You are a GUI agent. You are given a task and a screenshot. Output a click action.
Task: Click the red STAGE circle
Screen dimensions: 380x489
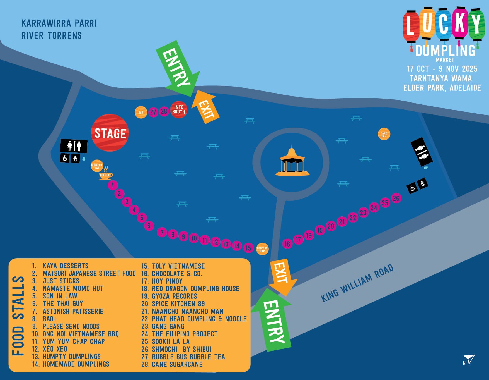pyautogui.click(x=110, y=133)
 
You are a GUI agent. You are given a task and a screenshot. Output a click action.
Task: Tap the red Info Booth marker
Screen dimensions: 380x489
pyautogui.click(x=179, y=109)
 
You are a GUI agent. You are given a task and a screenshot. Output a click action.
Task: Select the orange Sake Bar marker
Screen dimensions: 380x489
pyautogui.click(x=384, y=134)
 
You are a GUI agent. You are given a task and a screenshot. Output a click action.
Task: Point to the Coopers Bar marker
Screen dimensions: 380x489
pyautogui.click(x=262, y=249)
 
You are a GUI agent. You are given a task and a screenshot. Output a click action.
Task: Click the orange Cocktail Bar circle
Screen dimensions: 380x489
pyautogui.click(x=97, y=166)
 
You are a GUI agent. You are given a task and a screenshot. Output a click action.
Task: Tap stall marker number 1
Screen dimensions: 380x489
pyautogui.click(x=113, y=185)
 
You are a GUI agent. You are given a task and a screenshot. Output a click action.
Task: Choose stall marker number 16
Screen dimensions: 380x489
pyautogui.click(x=287, y=244)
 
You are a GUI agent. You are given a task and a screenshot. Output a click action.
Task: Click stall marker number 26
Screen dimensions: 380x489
pyautogui.click(x=396, y=198)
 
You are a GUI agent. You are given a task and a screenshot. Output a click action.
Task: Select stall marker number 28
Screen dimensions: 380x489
pyautogui.click(x=164, y=111)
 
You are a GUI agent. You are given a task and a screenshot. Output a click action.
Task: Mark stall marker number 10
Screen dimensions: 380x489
pyautogui.click(x=194, y=238)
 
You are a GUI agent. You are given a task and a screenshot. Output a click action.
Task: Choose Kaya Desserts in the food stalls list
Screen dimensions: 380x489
pyautogui.click(x=65, y=266)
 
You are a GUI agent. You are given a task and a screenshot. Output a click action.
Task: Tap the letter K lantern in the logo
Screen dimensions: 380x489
pyautogui.click(x=460, y=23)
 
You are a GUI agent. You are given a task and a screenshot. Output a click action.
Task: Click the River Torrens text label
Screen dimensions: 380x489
pyautogui.click(x=52, y=35)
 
